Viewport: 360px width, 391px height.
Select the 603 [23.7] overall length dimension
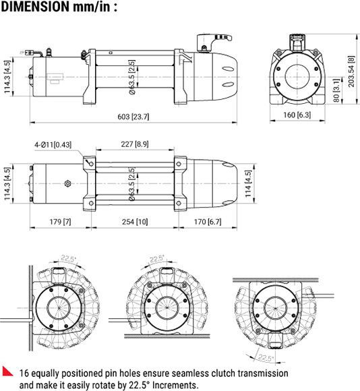pyautogui.click(x=132, y=117)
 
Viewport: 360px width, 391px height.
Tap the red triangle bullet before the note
pyautogui.click(x=9, y=371)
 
